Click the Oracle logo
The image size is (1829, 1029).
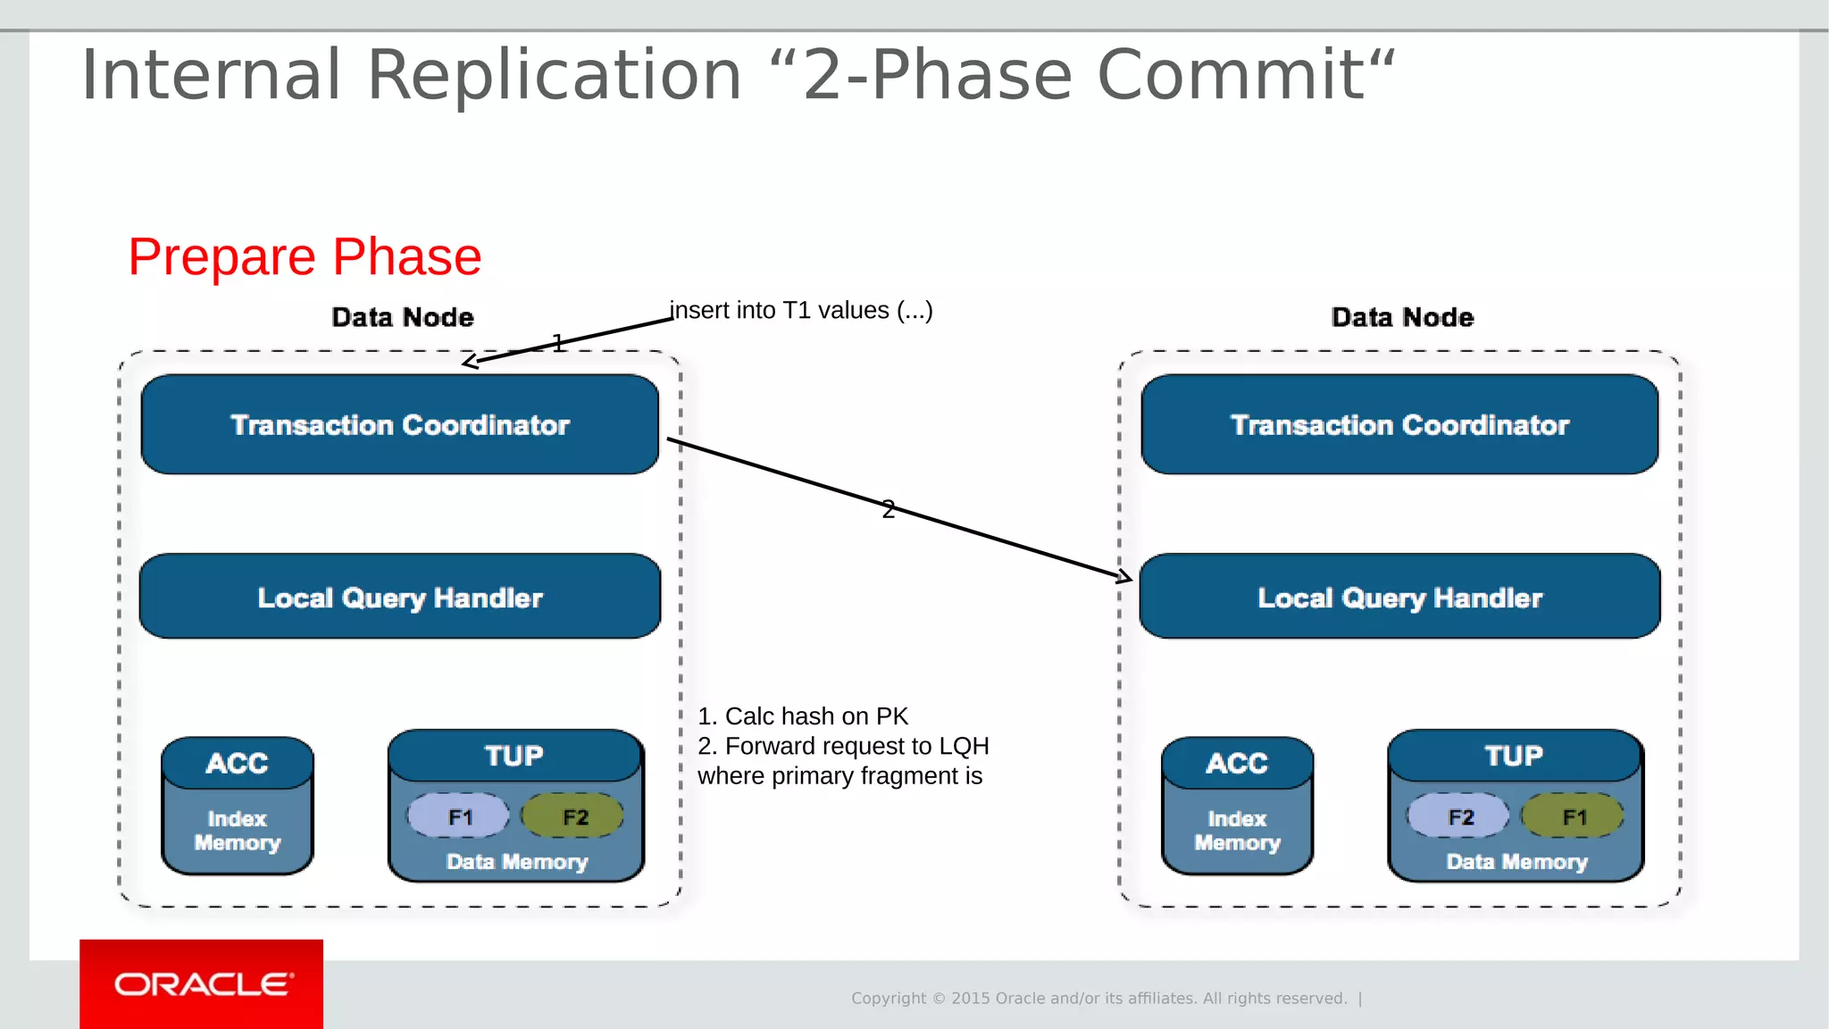point(202,983)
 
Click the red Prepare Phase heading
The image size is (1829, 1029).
point(305,257)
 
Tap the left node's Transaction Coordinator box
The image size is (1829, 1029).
point(400,424)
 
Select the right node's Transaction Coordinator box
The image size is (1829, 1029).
point(1399,424)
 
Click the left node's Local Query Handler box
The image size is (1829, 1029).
point(400,597)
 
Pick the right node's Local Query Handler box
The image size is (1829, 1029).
point(1399,597)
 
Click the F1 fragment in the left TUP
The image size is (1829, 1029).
point(459,816)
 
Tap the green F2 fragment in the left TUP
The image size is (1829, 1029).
point(573,816)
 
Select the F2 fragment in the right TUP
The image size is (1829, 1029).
point(1459,816)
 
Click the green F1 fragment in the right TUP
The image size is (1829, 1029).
point(1574,816)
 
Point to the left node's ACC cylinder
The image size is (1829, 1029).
point(238,805)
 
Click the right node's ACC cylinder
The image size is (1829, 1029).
point(1237,805)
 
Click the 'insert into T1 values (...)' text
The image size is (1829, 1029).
point(801,311)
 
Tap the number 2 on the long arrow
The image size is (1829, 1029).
point(888,509)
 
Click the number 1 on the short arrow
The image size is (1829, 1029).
point(558,343)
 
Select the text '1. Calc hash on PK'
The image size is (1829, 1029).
point(802,716)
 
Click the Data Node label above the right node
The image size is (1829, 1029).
point(1402,317)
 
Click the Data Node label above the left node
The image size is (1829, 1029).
point(402,317)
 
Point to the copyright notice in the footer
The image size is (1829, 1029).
point(1098,999)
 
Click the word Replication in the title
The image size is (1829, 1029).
point(554,75)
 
